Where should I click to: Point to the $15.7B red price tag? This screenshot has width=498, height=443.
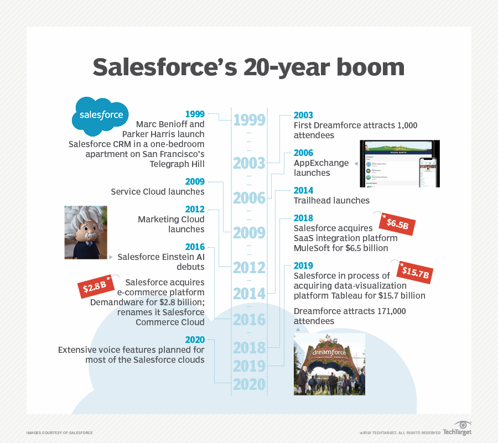tap(414, 271)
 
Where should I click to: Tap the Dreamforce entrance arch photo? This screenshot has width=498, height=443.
tap(329, 364)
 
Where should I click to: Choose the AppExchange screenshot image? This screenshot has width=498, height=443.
tap(400, 163)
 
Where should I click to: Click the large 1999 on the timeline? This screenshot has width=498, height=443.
tap(249, 121)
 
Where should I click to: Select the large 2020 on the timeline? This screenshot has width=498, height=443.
tap(249, 384)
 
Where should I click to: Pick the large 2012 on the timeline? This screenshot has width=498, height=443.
tap(249, 268)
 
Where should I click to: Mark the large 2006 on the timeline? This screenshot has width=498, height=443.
tap(249, 198)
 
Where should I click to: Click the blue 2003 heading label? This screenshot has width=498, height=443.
tap(303, 116)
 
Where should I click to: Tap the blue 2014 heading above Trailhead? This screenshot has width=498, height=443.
tap(303, 191)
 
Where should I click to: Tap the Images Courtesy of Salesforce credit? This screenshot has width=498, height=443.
tap(59, 432)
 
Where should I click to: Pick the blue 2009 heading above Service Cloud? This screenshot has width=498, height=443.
tap(195, 182)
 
